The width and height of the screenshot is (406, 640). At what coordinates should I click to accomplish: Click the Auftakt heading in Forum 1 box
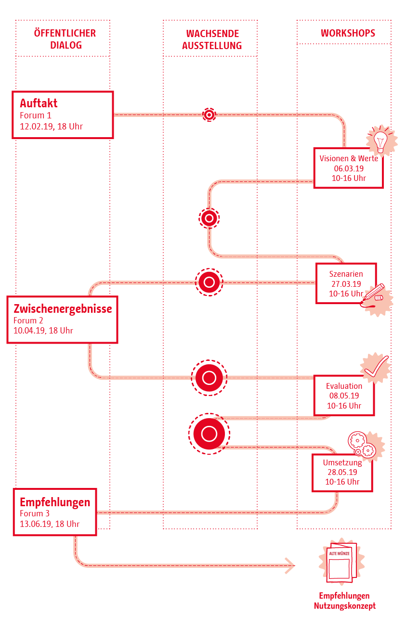[39, 103]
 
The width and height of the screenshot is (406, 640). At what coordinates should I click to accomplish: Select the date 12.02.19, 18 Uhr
[51, 127]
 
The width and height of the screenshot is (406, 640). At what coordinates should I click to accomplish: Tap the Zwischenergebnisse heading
[63, 308]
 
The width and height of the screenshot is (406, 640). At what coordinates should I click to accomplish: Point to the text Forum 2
[28, 320]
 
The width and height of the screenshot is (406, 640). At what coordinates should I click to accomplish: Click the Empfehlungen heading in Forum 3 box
[55, 502]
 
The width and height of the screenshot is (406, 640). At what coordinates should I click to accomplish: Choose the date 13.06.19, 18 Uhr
[50, 524]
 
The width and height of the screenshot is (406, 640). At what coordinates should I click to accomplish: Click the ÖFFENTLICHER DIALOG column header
[65, 39]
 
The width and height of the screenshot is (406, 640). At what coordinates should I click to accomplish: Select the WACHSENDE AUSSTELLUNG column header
[212, 39]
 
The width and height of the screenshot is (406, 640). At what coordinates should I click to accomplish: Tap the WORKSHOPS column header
[348, 33]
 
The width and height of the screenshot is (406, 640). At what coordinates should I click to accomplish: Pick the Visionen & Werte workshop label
[349, 158]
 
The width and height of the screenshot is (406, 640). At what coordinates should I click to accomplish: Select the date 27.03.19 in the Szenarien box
[346, 284]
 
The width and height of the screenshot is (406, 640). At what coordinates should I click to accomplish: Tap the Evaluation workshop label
[344, 386]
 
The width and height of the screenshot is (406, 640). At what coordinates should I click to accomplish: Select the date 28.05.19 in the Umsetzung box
[342, 473]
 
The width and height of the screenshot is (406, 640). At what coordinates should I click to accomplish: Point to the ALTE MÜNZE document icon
[341, 562]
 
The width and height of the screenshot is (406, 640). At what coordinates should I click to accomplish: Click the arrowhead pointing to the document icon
[290, 565]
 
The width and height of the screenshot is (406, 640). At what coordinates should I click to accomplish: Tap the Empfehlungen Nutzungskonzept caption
[344, 601]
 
